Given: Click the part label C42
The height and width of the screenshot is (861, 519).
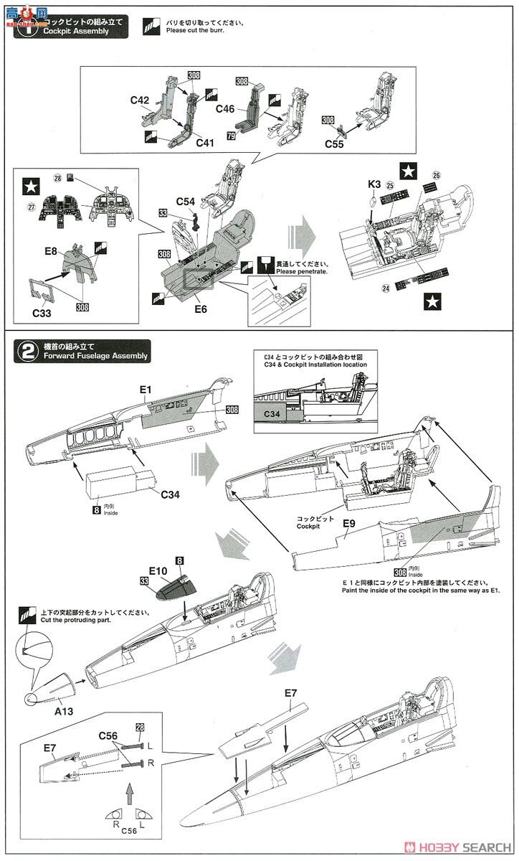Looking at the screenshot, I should (140, 101).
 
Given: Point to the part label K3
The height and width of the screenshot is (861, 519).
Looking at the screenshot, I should (374, 184).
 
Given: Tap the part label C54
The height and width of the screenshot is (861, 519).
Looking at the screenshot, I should (186, 203).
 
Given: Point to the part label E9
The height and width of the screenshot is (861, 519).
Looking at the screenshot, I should (349, 524).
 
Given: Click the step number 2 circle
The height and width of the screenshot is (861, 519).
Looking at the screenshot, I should (27, 351).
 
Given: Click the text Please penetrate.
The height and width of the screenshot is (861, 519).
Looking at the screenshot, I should (302, 272).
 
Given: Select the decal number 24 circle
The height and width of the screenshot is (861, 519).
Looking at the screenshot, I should (385, 290).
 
